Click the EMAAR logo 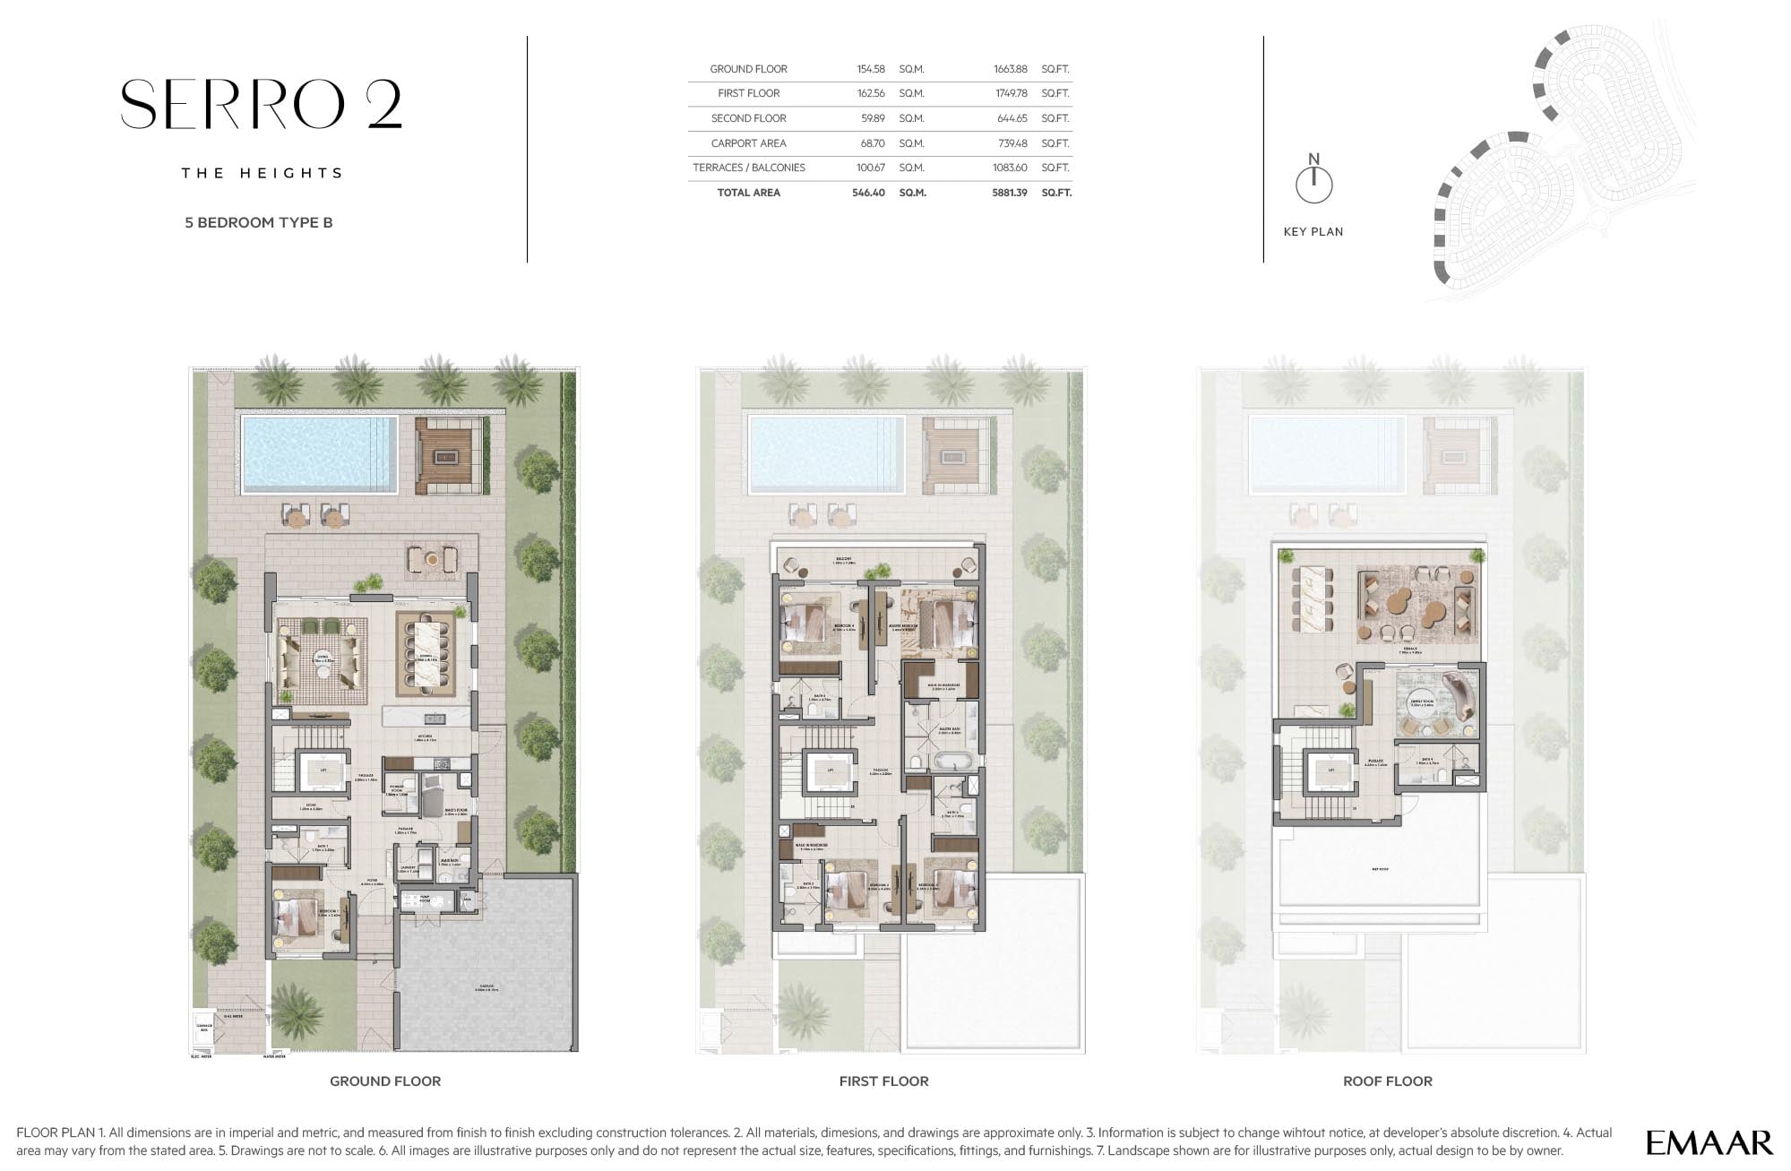tap(1709, 1142)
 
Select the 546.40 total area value tap(867, 193)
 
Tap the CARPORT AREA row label tap(748, 143)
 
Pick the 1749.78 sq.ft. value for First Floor tap(1010, 93)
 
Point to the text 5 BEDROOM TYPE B tap(258, 222)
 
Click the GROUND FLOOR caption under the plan tap(385, 1081)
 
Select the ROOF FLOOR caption tap(1387, 1081)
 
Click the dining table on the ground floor tap(426, 654)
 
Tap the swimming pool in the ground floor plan tap(319, 454)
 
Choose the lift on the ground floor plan tap(323, 769)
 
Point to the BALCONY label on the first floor tap(843, 560)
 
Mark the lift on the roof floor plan tap(1330, 771)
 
